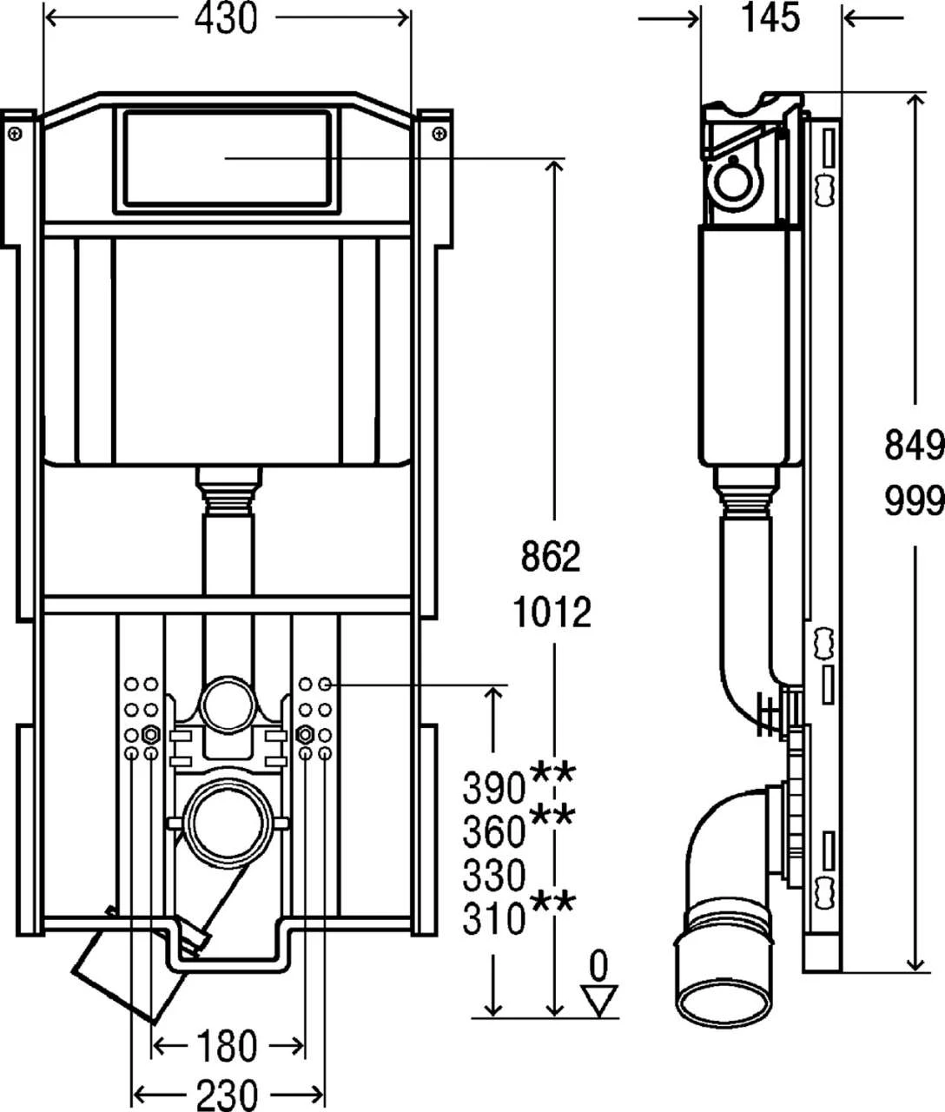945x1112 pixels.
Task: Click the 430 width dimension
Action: click(226, 19)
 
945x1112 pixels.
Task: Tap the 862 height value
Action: click(550, 557)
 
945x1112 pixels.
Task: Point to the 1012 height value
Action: click(551, 612)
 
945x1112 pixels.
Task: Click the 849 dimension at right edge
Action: click(914, 446)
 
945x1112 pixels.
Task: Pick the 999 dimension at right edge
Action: click(914, 501)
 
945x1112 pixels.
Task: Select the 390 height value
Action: click(494, 788)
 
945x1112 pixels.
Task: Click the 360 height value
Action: click(494, 831)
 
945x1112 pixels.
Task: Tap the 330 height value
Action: click(494, 875)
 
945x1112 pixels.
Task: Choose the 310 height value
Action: click(494, 918)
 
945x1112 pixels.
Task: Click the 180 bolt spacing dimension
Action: click(226, 1046)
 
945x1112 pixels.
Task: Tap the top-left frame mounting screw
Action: click(15, 132)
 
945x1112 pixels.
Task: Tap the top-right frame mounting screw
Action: click(439, 133)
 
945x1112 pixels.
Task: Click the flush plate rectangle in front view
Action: click(226, 158)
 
